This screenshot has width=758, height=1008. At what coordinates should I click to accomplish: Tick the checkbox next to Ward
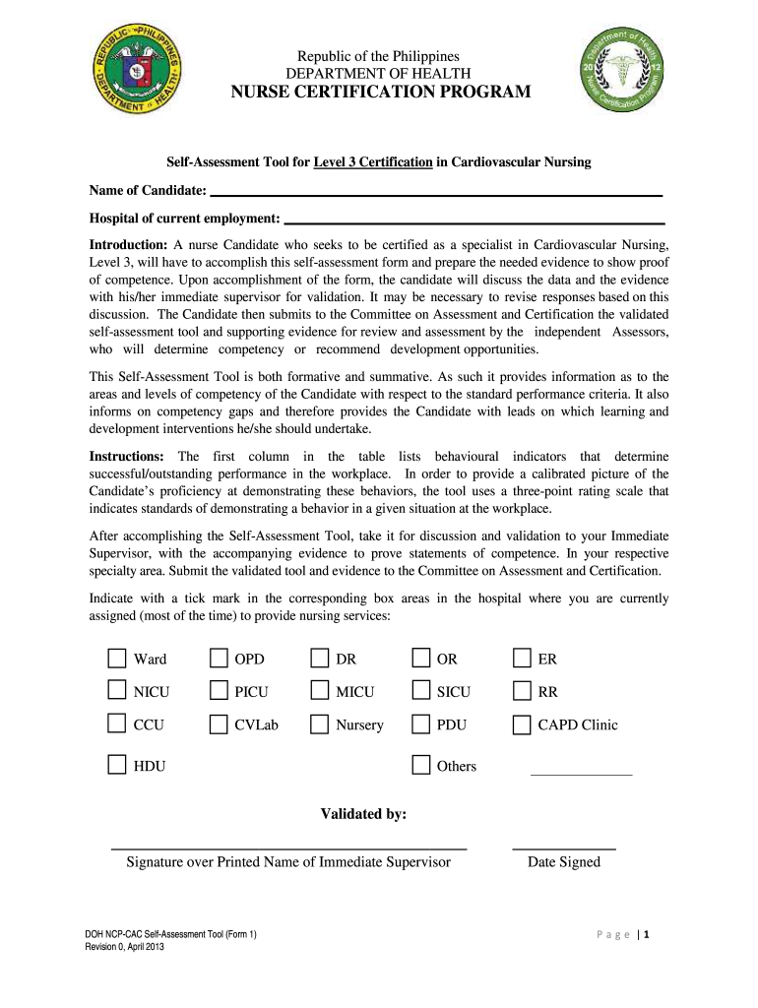tap(117, 659)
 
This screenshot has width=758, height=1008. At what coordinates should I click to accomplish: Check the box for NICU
tap(117, 691)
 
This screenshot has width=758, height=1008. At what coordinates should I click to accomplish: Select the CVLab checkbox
tap(219, 724)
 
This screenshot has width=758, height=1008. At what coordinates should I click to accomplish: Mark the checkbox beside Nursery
tap(319, 724)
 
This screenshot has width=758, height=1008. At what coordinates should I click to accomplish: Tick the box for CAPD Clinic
tap(522, 724)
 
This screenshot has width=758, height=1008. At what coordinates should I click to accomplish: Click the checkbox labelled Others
tap(420, 765)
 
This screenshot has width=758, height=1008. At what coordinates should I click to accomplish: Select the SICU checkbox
tap(420, 691)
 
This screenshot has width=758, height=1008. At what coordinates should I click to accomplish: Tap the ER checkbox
tap(522, 659)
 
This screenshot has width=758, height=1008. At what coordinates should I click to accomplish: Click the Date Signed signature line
tap(563, 847)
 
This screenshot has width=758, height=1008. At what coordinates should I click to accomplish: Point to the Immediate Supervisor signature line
tap(288, 847)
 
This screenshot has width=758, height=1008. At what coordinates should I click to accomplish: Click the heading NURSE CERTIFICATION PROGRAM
tap(380, 93)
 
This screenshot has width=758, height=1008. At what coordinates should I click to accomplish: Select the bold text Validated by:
tap(363, 814)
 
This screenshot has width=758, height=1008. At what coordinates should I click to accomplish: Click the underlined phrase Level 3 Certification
tap(373, 161)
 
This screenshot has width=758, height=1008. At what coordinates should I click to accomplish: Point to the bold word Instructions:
tap(127, 457)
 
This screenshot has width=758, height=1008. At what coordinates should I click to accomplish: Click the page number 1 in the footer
tap(647, 937)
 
